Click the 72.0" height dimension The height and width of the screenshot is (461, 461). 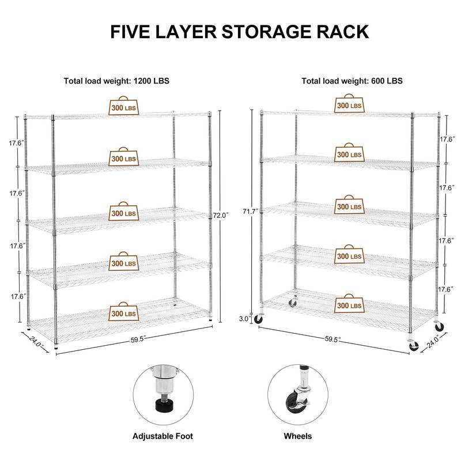220,215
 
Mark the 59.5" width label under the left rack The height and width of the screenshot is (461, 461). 138,340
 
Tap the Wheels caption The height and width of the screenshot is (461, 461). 297,436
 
